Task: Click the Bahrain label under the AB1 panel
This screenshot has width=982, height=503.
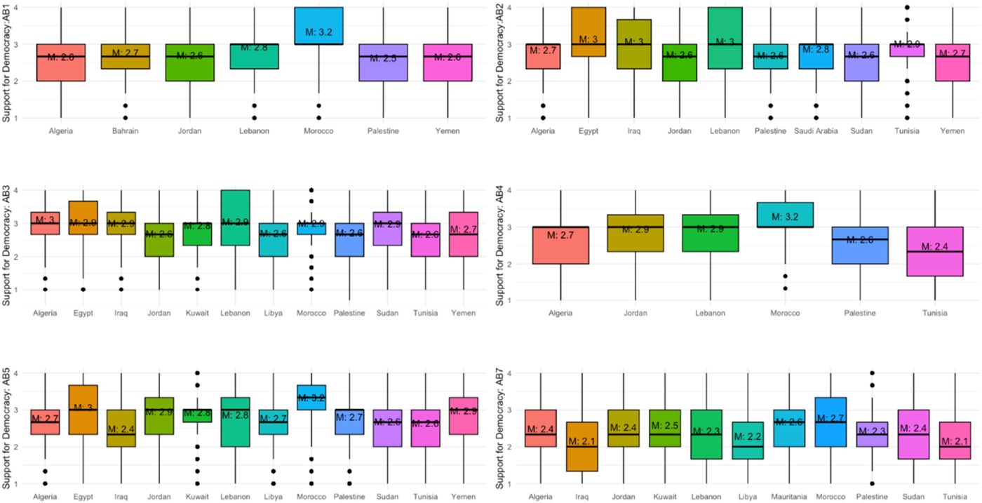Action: tap(125, 130)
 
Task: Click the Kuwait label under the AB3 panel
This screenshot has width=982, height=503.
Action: tap(199, 313)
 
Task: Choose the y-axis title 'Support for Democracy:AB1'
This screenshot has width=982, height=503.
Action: tap(6, 63)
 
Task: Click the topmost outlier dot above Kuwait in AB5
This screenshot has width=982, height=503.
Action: tap(199, 373)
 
